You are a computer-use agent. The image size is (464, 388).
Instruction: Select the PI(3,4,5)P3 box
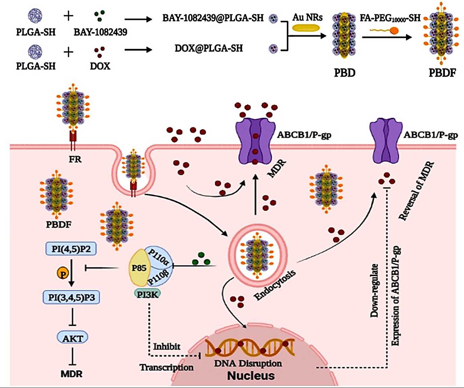click(x=72, y=297)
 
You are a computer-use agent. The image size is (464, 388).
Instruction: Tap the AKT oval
click(x=72, y=338)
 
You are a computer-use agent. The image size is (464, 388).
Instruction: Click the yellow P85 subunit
click(x=139, y=268)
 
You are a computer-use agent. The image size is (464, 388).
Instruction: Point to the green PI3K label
click(x=147, y=294)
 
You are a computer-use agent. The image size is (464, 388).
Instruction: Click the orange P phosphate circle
click(x=63, y=274)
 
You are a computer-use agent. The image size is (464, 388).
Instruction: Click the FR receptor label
click(x=75, y=160)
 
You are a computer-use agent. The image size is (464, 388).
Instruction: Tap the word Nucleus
click(x=251, y=376)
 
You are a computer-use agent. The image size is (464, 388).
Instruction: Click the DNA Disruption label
click(x=248, y=364)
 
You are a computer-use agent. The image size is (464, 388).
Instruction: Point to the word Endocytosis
click(x=275, y=285)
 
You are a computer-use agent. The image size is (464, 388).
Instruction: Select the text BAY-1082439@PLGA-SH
click(x=213, y=18)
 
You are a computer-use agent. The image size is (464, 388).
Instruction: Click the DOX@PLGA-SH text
click(x=209, y=48)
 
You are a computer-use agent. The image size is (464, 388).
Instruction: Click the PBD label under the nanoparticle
click(x=345, y=73)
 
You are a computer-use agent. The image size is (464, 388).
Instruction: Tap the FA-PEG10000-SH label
click(x=390, y=18)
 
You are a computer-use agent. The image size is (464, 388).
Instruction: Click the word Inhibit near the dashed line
click(x=167, y=347)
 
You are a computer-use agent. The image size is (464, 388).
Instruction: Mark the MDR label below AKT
click(x=71, y=374)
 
